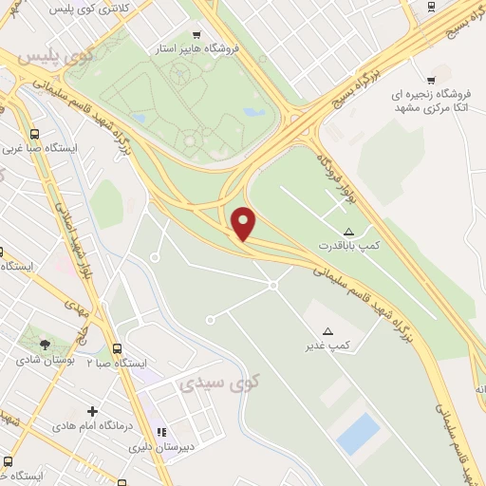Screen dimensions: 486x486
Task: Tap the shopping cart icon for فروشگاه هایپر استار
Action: tap(196, 33)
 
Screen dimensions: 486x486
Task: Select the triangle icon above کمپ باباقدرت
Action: tap(348, 232)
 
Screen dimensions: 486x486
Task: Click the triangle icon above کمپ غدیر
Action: tap(328, 330)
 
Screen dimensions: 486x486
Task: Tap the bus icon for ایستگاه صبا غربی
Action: tap(35, 134)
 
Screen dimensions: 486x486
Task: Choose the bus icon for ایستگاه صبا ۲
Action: tap(117, 349)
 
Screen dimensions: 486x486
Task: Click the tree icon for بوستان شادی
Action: tap(46, 344)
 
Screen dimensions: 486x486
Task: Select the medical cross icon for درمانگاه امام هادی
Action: tap(92, 411)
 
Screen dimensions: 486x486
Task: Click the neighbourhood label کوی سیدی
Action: tap(207, 384)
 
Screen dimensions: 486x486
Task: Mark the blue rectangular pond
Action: tap(359, 434)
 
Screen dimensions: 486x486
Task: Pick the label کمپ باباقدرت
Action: tap(348, 245)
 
